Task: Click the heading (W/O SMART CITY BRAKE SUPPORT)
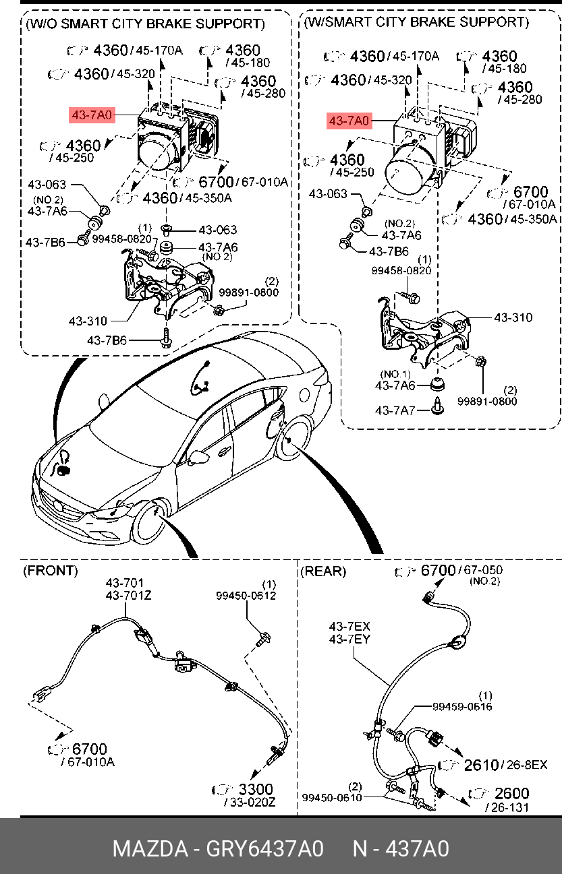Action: [x=144, y=24]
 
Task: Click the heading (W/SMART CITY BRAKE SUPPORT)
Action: [x=416, y=22]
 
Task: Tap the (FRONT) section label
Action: [x=51, y=571]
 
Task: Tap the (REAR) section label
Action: [x=323, y=571]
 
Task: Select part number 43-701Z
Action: [x=128, y=595]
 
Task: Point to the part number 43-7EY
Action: [x=349, y=639]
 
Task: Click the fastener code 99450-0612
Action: [x=246, y=595]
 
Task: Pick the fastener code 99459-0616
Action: [x=462, y=706]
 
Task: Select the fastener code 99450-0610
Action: [x=332, y=798]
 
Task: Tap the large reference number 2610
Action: [x=482, y=765]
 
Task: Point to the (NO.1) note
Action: [x=395, y=374]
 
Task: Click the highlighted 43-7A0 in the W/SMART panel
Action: [x=349, y=121]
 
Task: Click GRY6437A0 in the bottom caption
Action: [x=264, y=848]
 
